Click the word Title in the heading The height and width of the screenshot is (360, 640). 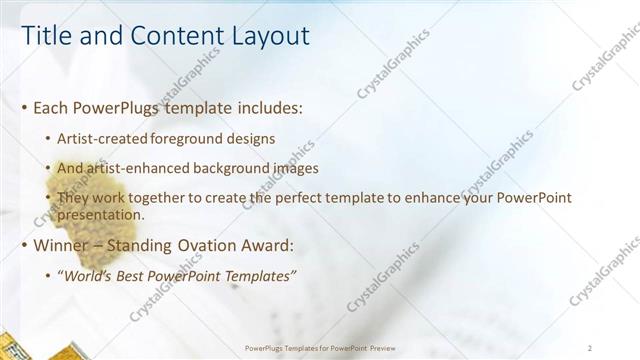click(x=45, y=37)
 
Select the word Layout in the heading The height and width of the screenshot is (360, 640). click(x=265, y=37)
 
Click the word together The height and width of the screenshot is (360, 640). click(x=157, y=199)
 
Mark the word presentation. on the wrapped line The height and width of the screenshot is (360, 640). click(x=101, y=214)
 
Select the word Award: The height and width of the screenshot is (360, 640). click(x=263, y=245)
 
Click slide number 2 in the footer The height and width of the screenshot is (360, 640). click(x=590, y=348)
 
